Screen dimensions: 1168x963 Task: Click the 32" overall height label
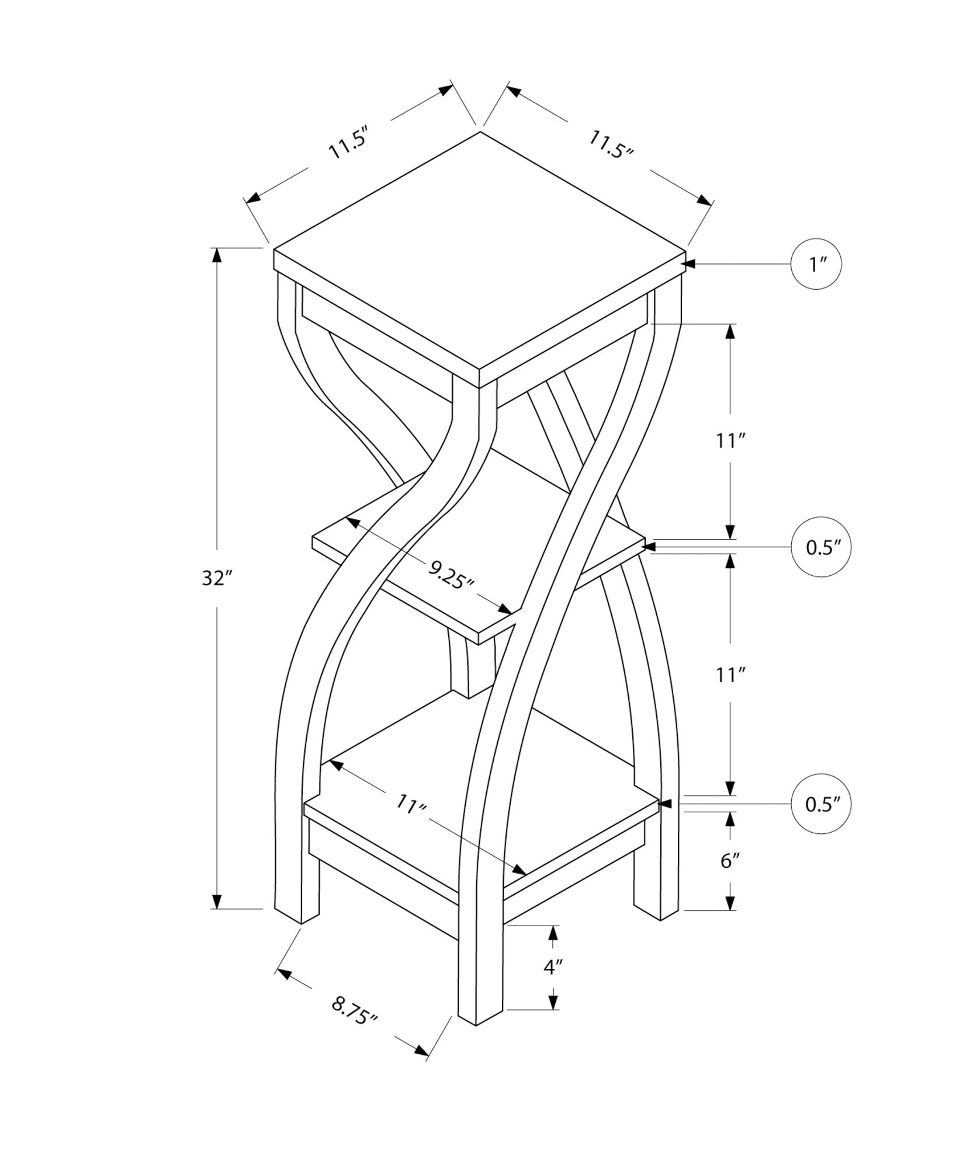pos(217,579)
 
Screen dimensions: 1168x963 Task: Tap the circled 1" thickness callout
pos(816,265)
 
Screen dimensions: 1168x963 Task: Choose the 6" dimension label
pos(730,860)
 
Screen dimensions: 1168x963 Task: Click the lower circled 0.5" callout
pos(820,805)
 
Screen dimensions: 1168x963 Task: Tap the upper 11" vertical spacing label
pos(729,441)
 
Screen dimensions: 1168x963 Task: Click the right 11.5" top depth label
pos(610,144)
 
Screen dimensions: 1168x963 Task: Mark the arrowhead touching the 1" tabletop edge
pos(688,265)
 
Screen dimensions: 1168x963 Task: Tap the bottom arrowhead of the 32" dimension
pos(217,917)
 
